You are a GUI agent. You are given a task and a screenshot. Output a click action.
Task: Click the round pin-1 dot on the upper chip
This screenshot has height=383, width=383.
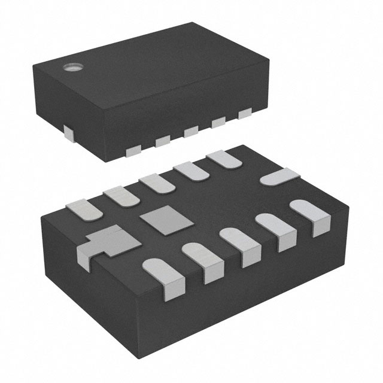(x=71, y=66)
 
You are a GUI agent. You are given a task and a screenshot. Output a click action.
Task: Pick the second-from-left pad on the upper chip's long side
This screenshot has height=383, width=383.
(x=163, y=141)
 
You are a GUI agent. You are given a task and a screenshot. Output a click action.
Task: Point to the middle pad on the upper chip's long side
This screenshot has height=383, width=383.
(x=191, y=131)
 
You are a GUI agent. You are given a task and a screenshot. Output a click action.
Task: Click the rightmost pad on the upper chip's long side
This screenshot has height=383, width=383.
(x=245, y=113)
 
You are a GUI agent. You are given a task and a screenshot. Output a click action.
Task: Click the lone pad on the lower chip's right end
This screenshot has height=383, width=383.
(x=279, y=178)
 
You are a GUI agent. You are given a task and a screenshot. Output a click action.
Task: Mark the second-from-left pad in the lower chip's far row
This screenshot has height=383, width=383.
(x=121, y=196)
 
